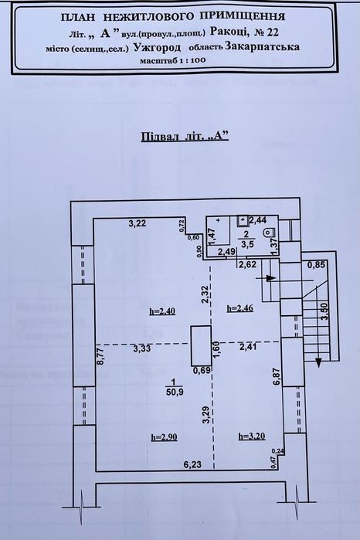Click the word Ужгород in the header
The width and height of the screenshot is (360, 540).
tap(157, 47)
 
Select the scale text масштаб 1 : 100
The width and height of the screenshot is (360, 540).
tap(172, 60)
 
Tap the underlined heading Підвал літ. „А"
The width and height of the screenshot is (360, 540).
tap(185, 137)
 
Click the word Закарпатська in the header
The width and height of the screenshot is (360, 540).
tap(262, 46)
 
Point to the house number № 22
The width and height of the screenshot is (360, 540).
tap(267, 32)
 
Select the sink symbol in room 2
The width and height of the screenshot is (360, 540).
tap(243, 220)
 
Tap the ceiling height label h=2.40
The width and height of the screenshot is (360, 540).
tap(162, 311)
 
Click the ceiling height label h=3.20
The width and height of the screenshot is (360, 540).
tap(252, 436)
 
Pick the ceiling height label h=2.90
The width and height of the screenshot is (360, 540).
tap(165, 437)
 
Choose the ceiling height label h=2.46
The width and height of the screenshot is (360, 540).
tap(240, 308)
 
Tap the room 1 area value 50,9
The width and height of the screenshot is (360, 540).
tap(174, 393)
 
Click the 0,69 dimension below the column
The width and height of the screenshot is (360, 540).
tap(202, 371)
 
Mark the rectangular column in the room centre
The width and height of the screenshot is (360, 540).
tap(202, 345)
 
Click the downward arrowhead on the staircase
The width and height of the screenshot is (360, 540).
tap(318, 363)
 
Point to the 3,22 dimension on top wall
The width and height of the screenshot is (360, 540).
tap(138, 223)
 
